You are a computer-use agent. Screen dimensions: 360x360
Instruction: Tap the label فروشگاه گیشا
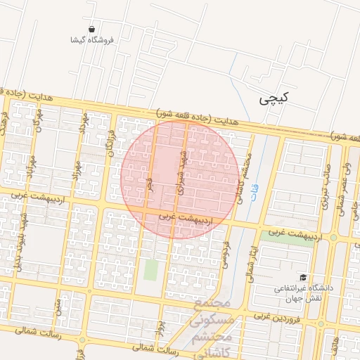[92, 40]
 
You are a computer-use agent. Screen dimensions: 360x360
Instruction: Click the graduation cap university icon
[303, 278]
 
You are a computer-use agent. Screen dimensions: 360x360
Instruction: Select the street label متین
[58, 306]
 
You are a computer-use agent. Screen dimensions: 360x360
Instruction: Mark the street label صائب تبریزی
[326, 191]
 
